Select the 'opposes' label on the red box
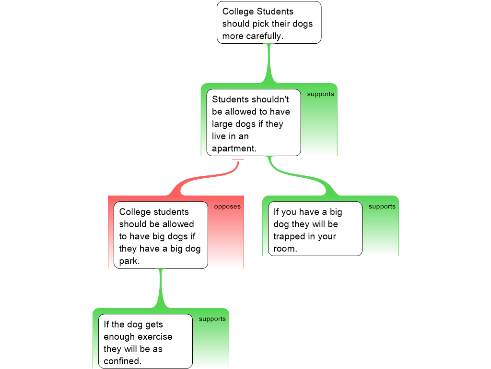pyautogui.click(x=227, y=207)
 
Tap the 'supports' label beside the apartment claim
pyautogui.click(x=320, y=94)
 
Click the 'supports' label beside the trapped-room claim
pyautogui.click(x=382, y=207)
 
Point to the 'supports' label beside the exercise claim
pyautogui.click(x=212, y=319)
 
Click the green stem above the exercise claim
pyautogui.click(x=161, y=288)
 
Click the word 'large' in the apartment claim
pyautogui.click(x=222, y=124)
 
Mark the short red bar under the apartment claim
pyautogui.click(x=238, y=160)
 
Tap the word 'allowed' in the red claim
pyautogui.click(x=178, y=224)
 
